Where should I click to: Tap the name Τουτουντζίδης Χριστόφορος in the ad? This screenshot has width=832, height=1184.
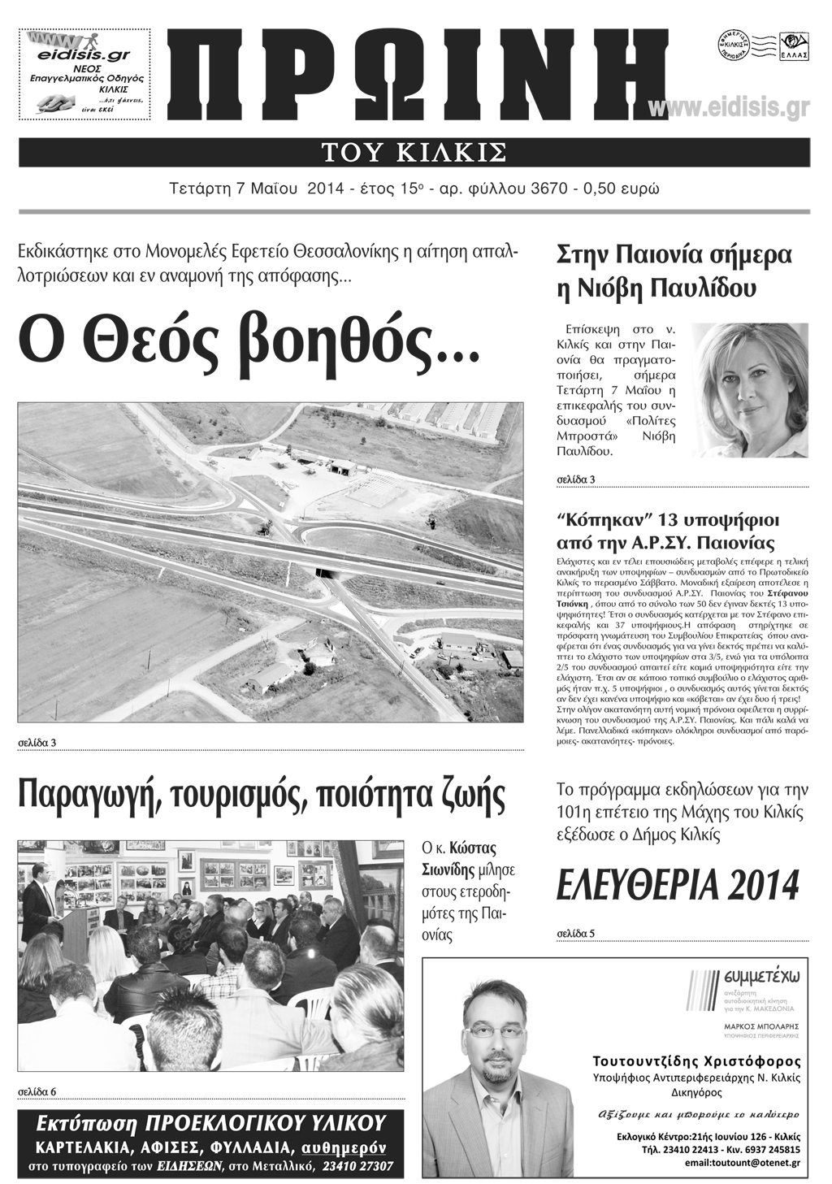pyautogui.click(x=696, y=1061)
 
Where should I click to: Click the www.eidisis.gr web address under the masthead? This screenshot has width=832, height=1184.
pyautogui.click(x=729, y=109)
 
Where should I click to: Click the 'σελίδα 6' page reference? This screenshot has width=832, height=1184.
pyautogui.click(x=37, y=1090)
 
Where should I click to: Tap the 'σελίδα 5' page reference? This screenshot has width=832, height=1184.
pyautogui.click(x=576, y=933)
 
